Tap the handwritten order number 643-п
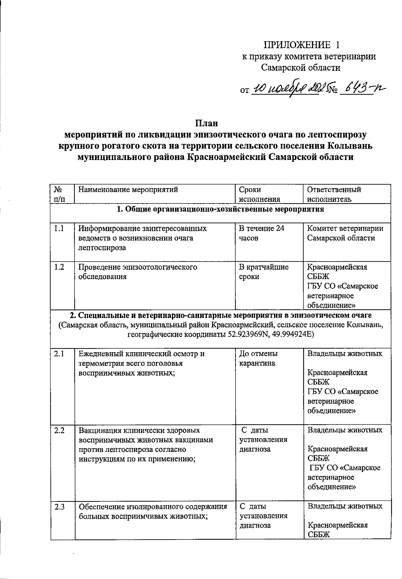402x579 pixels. click(x=362, y=89)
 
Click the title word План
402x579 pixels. click(x=207, y=123)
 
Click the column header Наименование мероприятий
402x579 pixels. click(x=128, y=190)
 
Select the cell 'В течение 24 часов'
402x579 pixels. click(x=261, y=233)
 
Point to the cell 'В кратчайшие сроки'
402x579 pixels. click(x=263, y=272)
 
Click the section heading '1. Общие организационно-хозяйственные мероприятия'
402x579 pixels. click(x=220, y=210)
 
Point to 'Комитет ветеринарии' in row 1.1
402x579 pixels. click(x=345, y=229)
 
